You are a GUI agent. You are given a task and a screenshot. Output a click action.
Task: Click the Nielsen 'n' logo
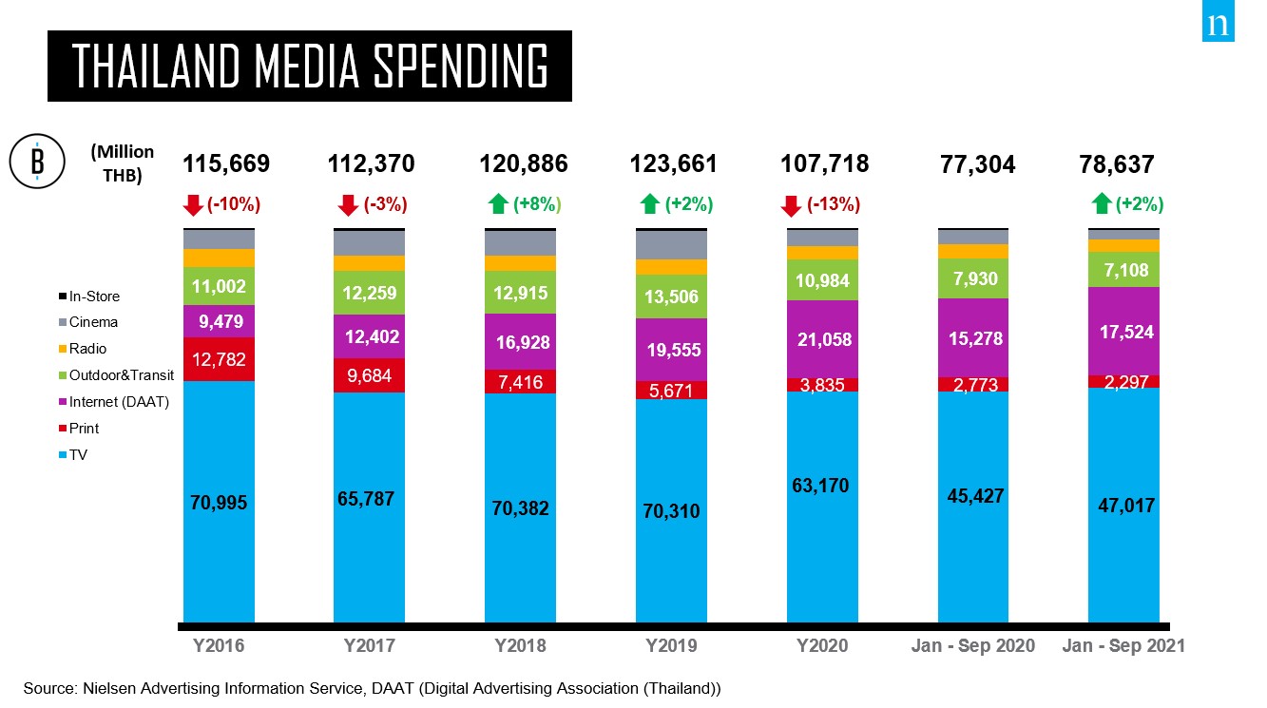[x=1218, y=21]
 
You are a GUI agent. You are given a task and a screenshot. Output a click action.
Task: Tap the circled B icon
[x=37, y=162]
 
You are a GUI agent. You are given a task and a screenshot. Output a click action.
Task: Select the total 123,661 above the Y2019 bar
[x=673, y=164]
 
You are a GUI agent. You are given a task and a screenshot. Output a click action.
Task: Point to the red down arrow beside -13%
[x=791, y=206]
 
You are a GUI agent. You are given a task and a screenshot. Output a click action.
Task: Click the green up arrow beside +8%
[x=498, y=203]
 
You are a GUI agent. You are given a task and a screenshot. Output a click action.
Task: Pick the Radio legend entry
[x=83, y=349]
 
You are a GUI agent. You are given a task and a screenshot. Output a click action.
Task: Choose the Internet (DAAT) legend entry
[x=114, y=401]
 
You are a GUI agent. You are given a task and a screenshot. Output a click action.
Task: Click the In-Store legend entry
[x=89, y=296]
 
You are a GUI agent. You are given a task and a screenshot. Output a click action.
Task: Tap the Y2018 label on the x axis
[x=520, y=645]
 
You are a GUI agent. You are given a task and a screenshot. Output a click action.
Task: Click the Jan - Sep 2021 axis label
[x=1123, y=645]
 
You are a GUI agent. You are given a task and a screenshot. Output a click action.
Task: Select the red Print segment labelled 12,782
[x=219, y=359]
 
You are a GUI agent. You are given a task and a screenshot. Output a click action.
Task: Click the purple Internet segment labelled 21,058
[x=822, y=338]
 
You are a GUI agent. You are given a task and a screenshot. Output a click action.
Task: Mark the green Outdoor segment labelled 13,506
[x=671, y=297]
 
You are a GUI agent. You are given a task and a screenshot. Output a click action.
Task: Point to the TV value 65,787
[x=366, y=499]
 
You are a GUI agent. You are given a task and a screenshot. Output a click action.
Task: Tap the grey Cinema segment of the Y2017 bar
[x=370, y=243]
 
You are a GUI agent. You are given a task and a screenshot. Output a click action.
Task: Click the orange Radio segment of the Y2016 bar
[x=219, y=258]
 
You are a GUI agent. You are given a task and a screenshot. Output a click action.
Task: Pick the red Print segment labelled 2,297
[x=1123, y=382]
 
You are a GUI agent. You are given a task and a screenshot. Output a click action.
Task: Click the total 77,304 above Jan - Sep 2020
[x=977, y=164]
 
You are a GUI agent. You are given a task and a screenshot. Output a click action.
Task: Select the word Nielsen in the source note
[x=108, y=688]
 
